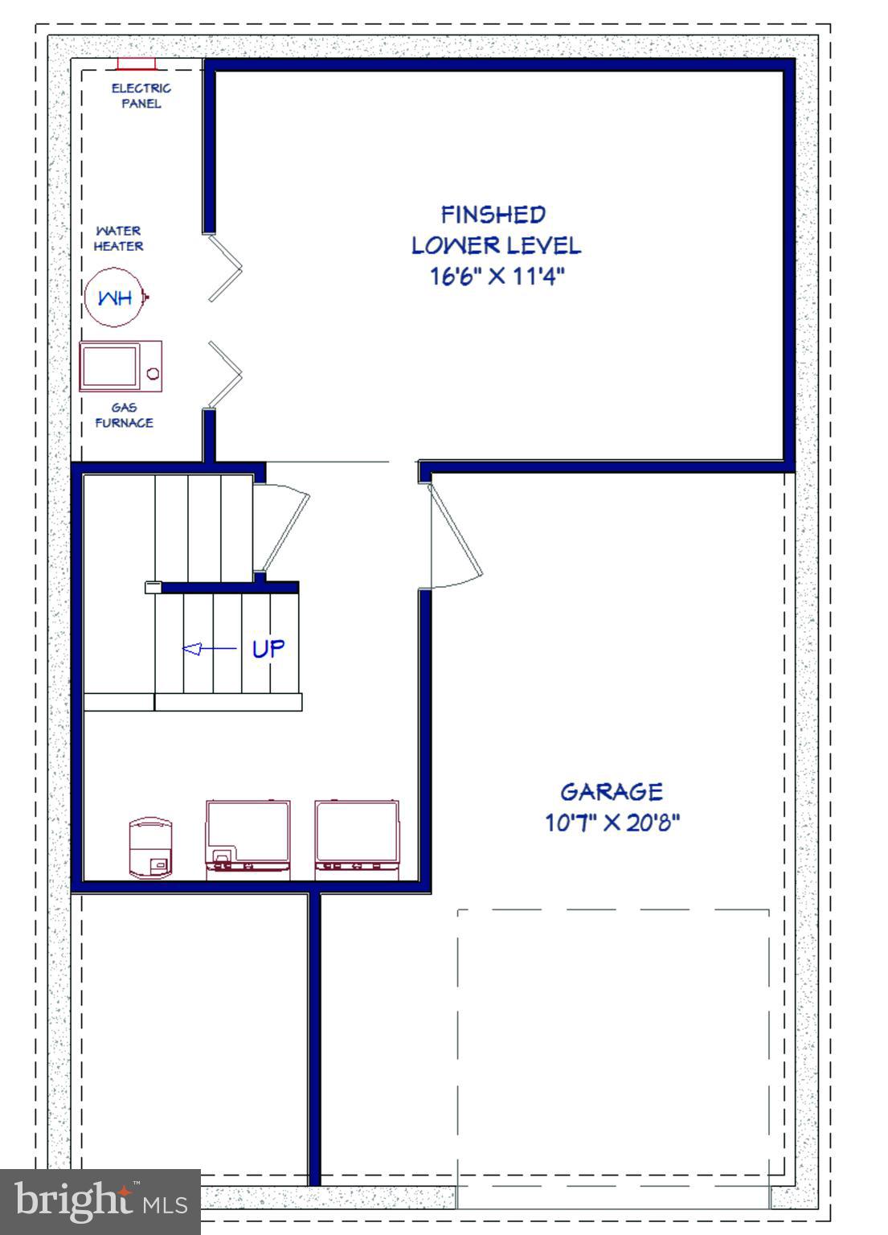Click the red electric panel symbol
[x=136, y=64]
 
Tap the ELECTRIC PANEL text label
[x=141, y=96]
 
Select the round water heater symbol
[x=115, y=297]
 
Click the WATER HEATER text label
[x=118, y=239]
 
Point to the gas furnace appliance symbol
[x=121, y=367]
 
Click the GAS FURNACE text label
[x=124, y=415]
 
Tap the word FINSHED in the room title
[x=493, y=215]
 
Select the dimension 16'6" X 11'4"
[x=497, y=277]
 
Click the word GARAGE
[x=611, y=792]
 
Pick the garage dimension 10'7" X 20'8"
[x=612, y=823]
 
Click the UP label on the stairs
[x=268, y=649]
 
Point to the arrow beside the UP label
[x=209, y=649]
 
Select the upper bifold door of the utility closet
[x=225, y=268]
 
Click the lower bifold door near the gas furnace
[x=225, y=374]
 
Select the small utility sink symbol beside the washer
[x=150, y=847]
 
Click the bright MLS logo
[x=100, y=1201]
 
